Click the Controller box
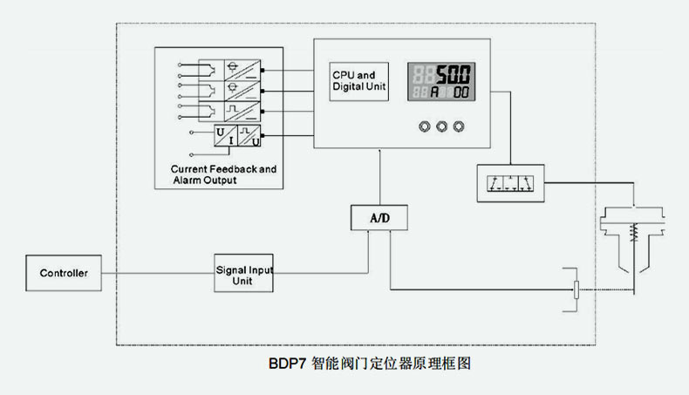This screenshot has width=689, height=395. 64,273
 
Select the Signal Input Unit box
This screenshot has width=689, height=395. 243,275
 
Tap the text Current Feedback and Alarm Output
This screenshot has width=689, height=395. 223,174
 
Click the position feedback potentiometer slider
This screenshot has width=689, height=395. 576,290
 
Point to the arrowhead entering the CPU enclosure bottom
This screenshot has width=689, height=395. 379,152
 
